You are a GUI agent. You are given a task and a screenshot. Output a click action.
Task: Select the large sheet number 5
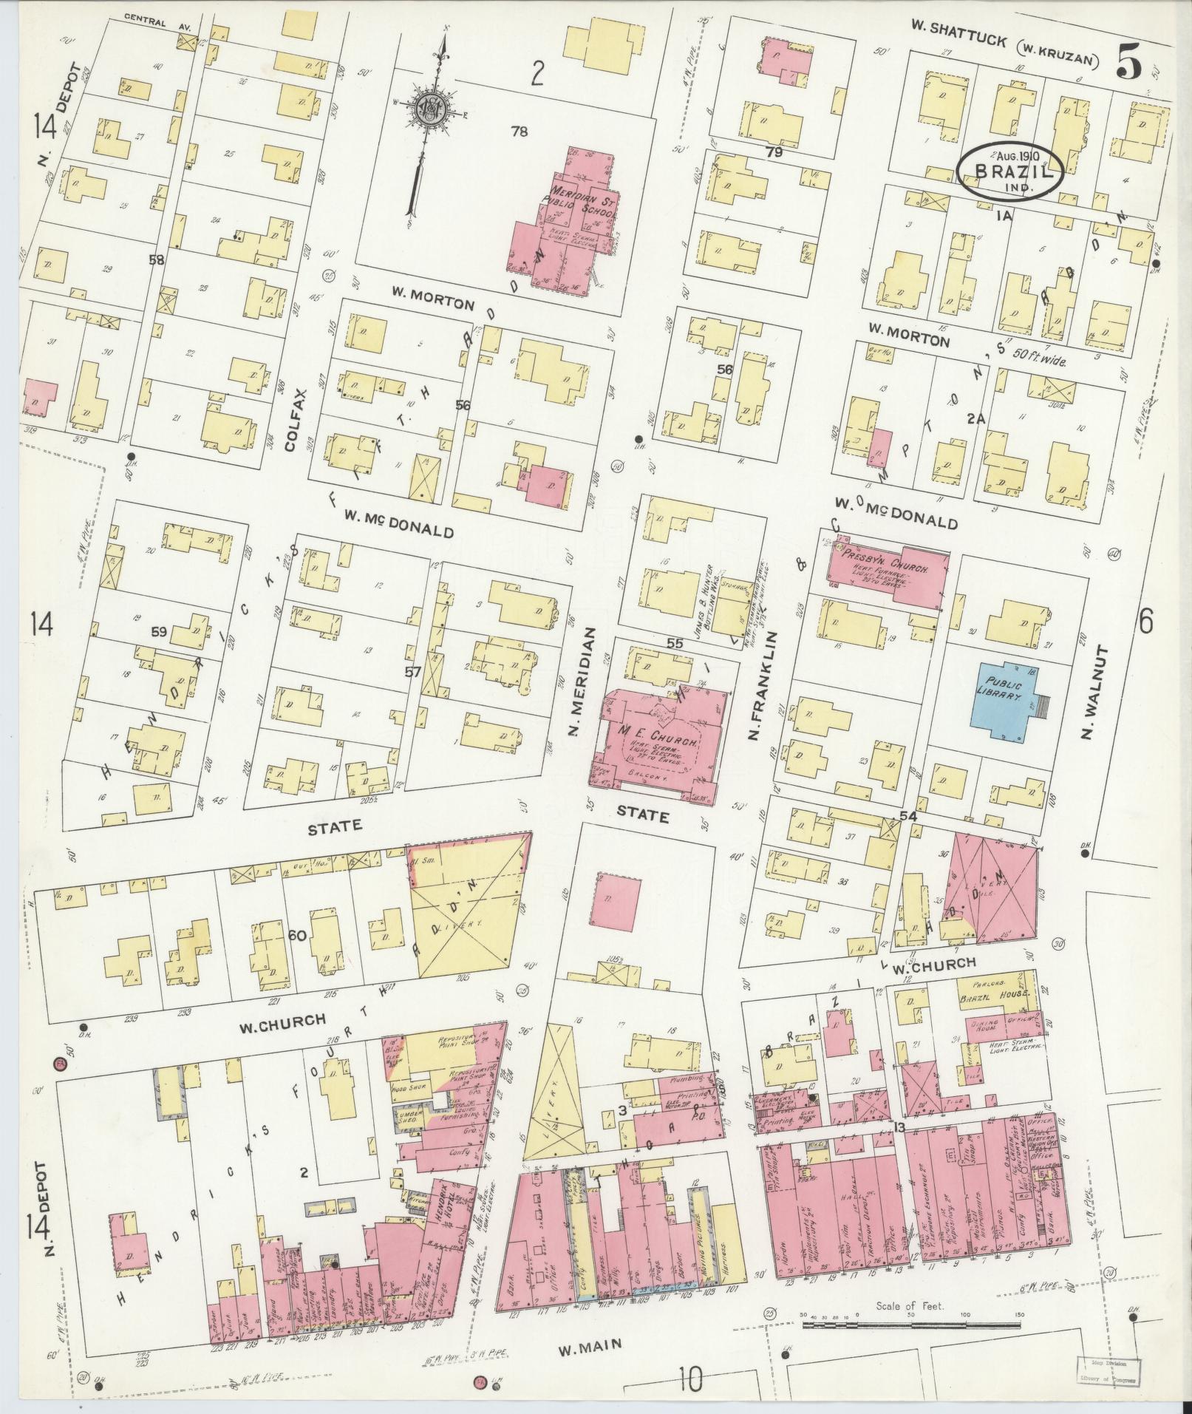pyautogui.click(x=1128, y=61)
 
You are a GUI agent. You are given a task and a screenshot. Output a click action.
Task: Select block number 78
pyautogui.click(x=520, y=132)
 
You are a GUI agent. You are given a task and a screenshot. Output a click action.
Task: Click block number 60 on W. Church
pyautogui.click(x=297, y=935)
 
